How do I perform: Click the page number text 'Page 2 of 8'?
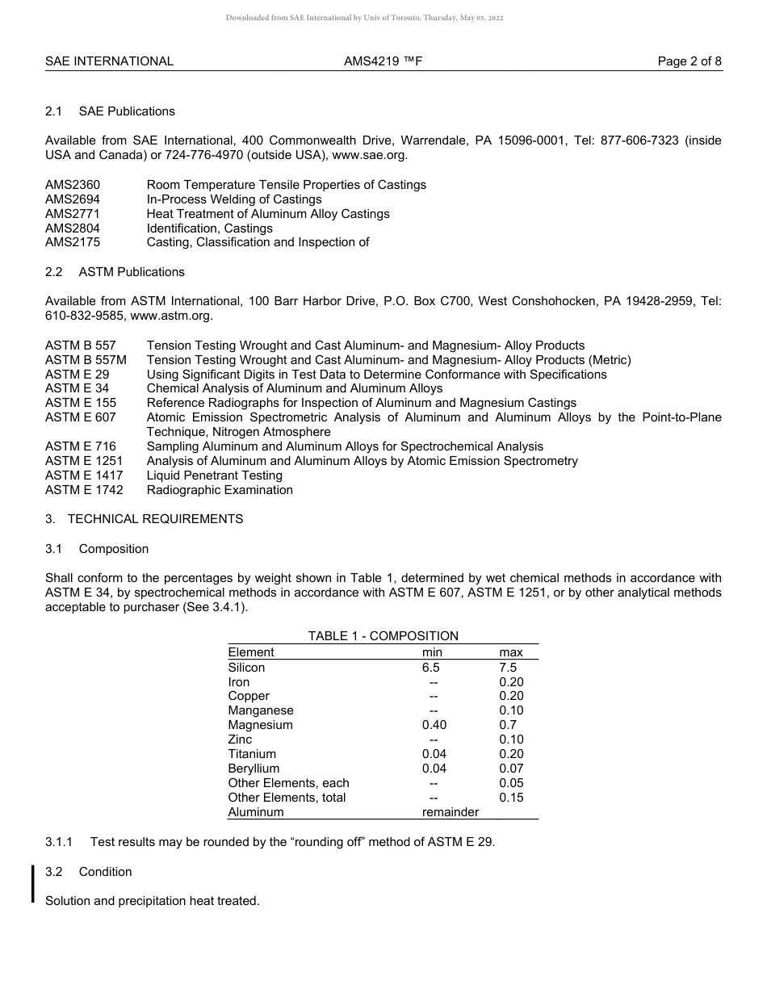pyautogui.click(x=689, y=61)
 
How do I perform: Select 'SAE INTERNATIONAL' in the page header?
pyautogui.click(x=109, y=61)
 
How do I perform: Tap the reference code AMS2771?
pyautogui.click(x=73, y=214)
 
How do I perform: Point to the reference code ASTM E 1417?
pyautogui.click(x=84, y=476)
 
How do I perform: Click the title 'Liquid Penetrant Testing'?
pyautogui.click(x=214, y=476)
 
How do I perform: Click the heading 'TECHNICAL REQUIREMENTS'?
pyautogui.click(x=155, y=519)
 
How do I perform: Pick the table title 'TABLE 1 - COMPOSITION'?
pyautogui.click(x=383, y=636)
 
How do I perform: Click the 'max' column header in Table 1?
pyautogui.click(x=511, y=652)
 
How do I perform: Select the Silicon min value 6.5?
pyautogui.click(x=431, y=668)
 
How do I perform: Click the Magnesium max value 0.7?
pyautogui.click(x=508, y=725)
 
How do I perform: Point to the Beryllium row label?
pyautogui.click(x=254, y=769)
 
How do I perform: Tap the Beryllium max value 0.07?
pyautogui.click(x=511, y=769)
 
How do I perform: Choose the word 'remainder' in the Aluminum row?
pyautogui.click(x=451, y=812)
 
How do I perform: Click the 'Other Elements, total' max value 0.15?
pyautogui.click(x=511, y=798)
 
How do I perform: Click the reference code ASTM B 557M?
pyautogui.click(x=86, y=360)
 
